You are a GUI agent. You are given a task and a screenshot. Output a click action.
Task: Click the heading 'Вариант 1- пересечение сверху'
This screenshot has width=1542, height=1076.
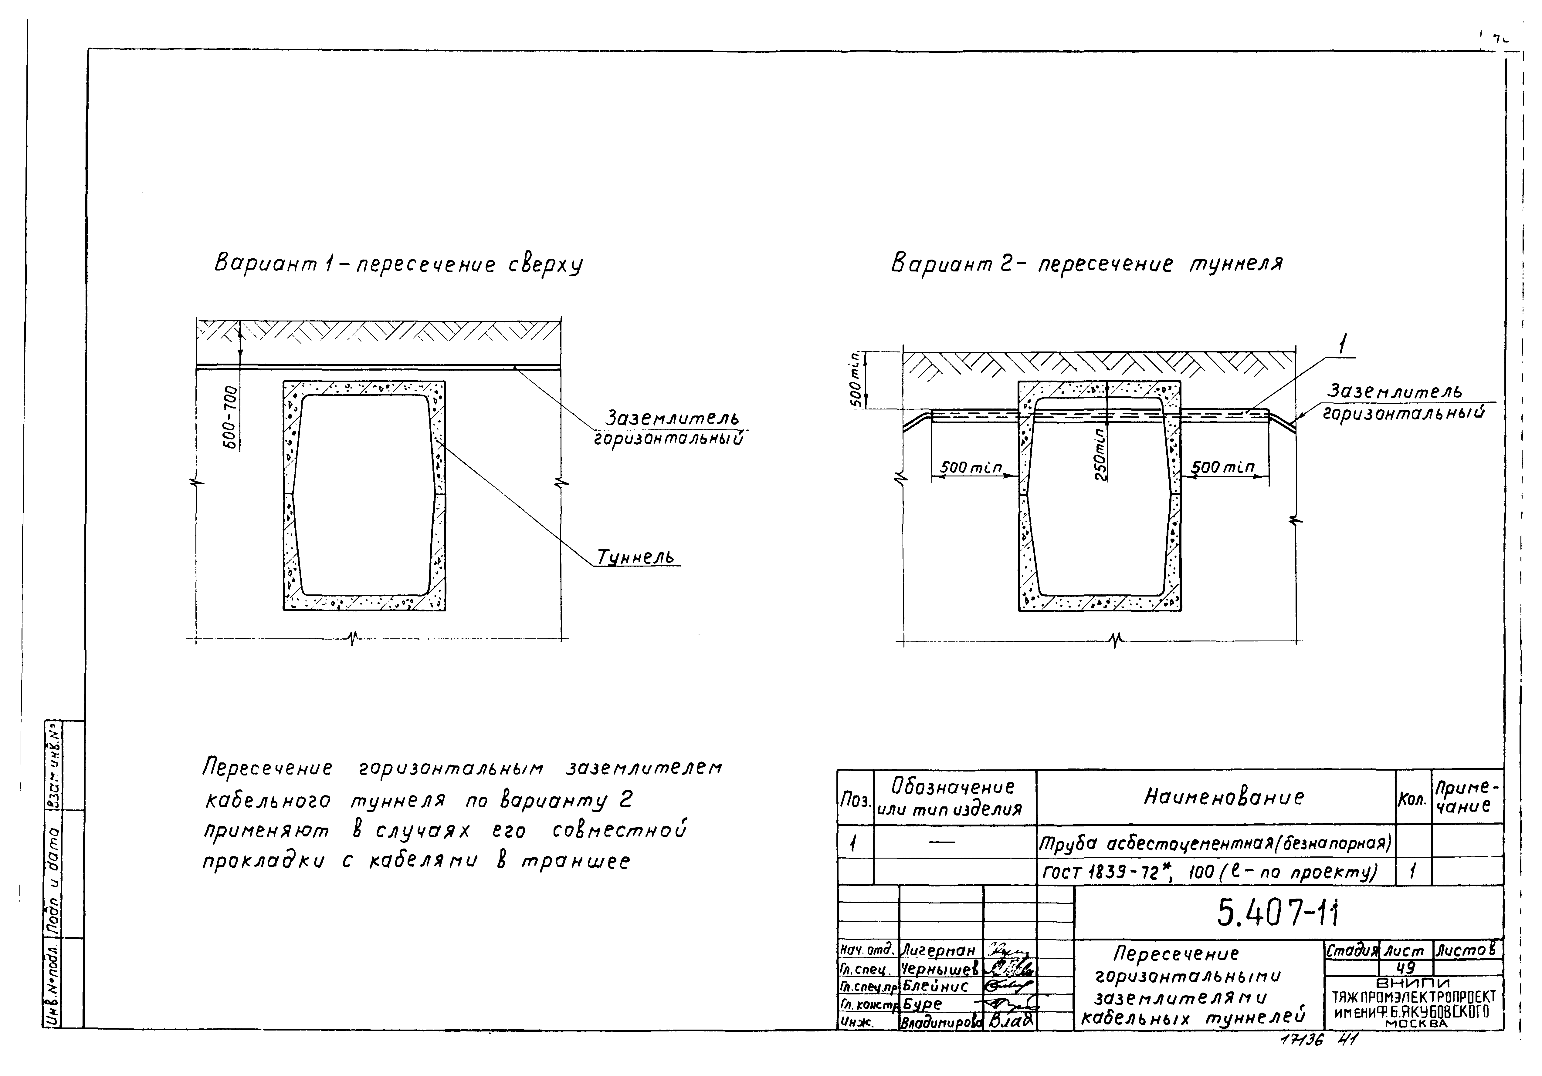tap(398, 264)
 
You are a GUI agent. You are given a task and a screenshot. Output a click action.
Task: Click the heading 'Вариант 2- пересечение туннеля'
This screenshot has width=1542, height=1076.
tap(1086, 263)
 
